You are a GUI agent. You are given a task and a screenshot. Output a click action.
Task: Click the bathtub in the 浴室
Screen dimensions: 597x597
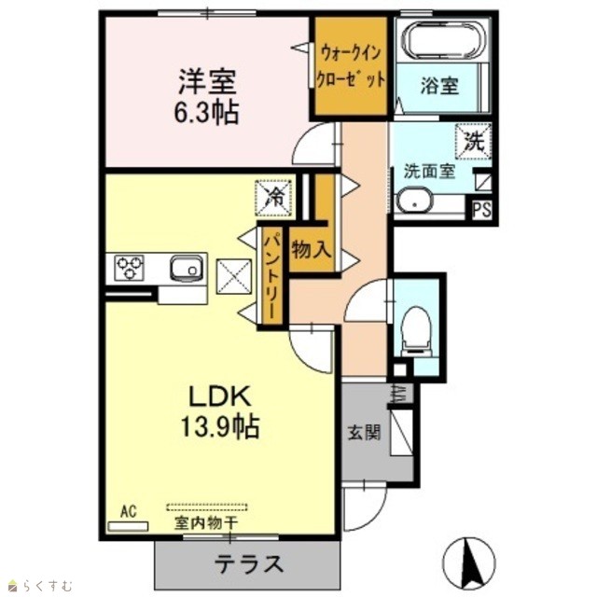click(x=444, y=41)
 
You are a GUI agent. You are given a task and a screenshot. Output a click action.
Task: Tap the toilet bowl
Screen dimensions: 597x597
click(x=416, y=331)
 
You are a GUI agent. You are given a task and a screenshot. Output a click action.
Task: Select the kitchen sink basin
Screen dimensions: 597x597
click(x=187, y=268)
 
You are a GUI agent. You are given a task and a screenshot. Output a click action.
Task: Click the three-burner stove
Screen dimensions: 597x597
click(x=130, y=268)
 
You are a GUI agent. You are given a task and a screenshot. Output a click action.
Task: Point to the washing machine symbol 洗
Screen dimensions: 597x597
click(x=473, y=141)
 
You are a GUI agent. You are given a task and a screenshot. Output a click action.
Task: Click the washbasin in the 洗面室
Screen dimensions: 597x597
click(x=414, y=201)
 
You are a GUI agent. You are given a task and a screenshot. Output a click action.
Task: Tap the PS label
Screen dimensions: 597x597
click(x=481, y=210)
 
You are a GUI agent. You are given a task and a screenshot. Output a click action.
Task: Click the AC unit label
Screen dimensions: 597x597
click(x=129, y=511)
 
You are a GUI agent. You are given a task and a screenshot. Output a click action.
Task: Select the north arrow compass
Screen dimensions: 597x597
click(x=468, y=563)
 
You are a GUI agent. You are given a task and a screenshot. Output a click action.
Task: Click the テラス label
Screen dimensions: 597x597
click(x=249, y=564)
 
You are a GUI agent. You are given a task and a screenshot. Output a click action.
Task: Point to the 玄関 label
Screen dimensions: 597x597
click(x=364, y=432)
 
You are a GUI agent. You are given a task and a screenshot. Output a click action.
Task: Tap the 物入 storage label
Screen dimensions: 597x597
click(x=311, y=250)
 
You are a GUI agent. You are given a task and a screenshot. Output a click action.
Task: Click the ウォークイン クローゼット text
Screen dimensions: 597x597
click(x=351, y=66)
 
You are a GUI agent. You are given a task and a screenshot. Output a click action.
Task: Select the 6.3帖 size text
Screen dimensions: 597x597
click(x=206, y=112)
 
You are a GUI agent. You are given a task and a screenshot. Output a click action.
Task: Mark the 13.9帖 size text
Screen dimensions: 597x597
click(x=220, y=426)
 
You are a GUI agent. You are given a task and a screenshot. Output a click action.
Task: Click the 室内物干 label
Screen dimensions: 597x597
click(x=206, y=522)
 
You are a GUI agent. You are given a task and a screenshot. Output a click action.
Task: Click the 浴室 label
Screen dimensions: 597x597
click(x=439, y=85)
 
